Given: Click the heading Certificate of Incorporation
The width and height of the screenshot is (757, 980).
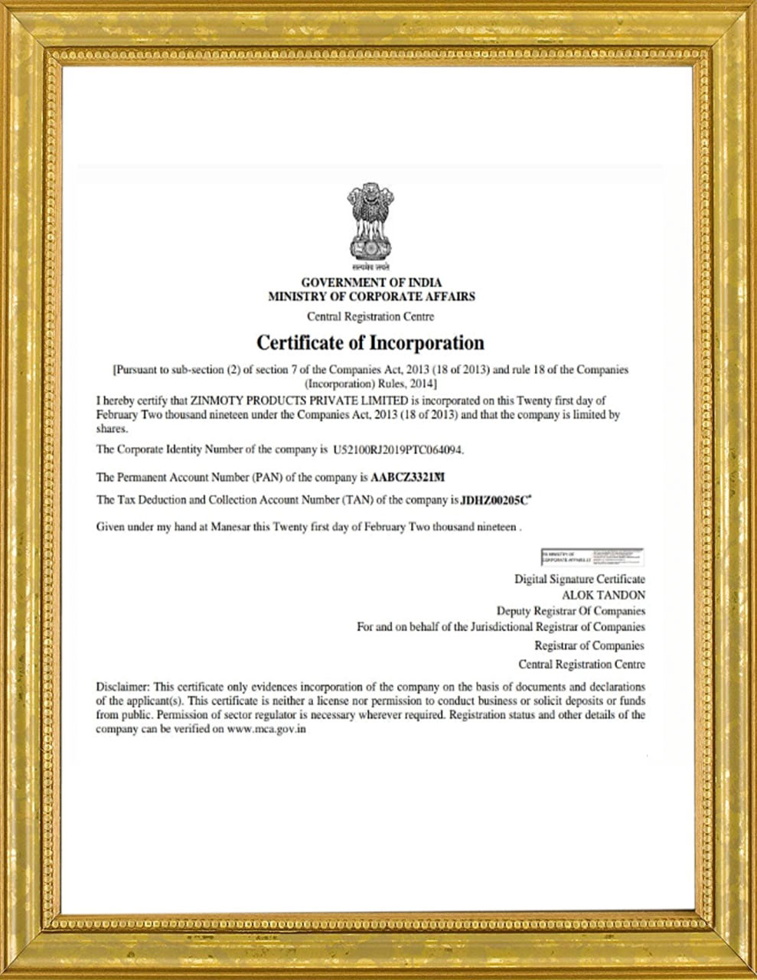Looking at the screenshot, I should point(370,341).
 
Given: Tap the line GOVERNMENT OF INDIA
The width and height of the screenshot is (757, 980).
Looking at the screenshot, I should point(371,283).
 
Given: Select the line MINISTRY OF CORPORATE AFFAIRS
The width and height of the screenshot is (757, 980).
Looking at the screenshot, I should point(371,296).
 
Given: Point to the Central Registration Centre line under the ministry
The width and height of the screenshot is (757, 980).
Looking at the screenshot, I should point(370,317).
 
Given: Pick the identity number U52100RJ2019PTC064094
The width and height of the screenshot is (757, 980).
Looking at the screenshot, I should point(398,449).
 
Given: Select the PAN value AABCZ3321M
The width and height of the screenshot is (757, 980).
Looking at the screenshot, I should point(407,478).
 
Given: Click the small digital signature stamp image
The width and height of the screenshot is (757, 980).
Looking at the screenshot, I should point(591,557).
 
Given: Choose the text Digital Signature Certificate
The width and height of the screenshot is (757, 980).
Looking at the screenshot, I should point(579,580).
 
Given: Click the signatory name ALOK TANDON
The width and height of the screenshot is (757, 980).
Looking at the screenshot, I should point(603,595).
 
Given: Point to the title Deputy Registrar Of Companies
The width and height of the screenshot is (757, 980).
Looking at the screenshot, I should point(570,611).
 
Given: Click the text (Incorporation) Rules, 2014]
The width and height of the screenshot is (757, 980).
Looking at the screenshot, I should point(370,383).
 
